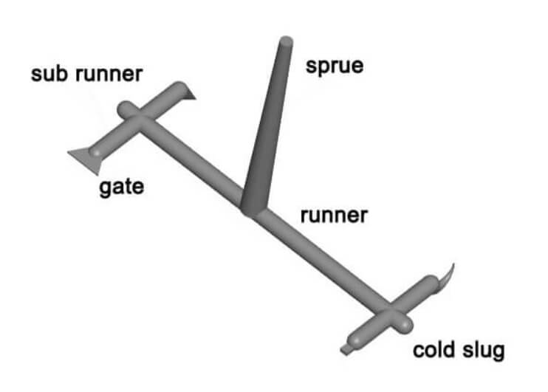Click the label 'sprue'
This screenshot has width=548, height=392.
point(335,66)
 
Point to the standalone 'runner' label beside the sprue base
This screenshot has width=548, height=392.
point(333,216)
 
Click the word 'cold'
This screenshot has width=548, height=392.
point(433,349)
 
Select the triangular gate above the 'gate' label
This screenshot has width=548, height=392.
point(81,157)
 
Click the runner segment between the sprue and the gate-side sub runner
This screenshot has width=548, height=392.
point(196,162)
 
